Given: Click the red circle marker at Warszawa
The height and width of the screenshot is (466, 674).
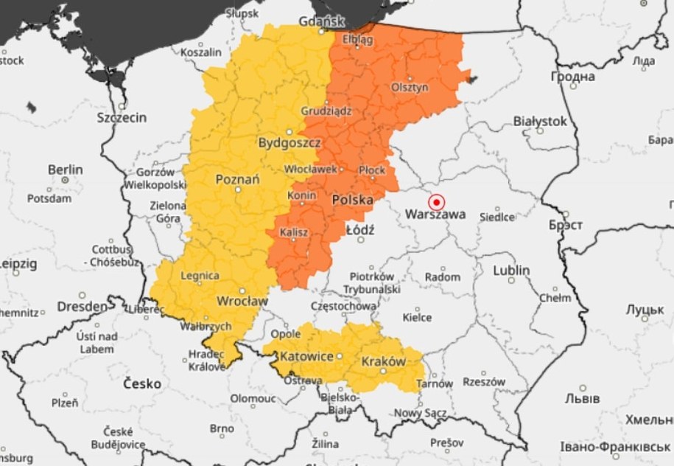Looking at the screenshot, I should click(x=437, y=201).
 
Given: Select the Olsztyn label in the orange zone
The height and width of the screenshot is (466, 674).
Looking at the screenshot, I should click(x=410, y=86).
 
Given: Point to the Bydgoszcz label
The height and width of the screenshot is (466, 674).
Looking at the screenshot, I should click(x=289, y=142).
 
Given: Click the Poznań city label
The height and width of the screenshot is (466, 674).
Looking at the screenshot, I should click(x=237, y=179).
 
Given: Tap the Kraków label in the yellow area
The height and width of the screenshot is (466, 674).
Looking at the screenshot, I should click(x=383, y=361).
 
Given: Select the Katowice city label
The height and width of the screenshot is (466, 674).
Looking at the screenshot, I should click(x=306, y=356).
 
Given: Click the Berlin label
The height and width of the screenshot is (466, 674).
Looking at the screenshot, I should click(x=66, y=170).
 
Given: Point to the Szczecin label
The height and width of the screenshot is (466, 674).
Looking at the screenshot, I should click(x=122, y=117).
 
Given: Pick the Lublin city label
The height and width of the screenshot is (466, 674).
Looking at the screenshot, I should click(x=511, y=271).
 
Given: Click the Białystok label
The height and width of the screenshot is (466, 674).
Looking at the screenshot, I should click(x=540, y=120).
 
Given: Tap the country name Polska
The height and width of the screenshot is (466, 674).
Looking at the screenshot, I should click(x=353, y=200).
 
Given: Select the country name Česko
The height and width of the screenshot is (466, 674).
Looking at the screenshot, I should click(x=142, y=383).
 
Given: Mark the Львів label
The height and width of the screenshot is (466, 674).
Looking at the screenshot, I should click(x=584, y=398).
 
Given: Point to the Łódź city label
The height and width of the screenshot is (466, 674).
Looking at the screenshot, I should click(x=360, y=230).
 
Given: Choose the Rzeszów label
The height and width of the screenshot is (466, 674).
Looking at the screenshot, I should click(x=484, y=382).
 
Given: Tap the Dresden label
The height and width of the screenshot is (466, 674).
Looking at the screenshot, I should click(x=82, y=305).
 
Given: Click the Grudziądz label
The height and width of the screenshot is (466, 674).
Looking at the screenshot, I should click(x=326, y=111).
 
